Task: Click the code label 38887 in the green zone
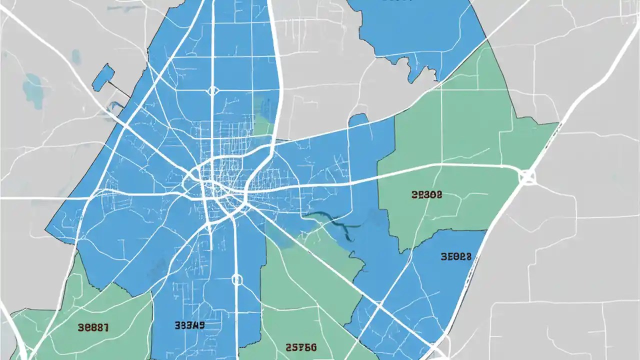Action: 94,327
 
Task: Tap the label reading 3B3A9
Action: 189,325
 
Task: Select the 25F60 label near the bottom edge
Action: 300,346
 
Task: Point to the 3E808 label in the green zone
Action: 426,195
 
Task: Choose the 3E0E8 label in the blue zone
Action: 456,257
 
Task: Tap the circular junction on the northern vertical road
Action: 213,90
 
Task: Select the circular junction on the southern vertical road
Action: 237,279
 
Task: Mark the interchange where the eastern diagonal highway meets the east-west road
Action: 527,176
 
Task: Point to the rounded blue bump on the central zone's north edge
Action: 358,120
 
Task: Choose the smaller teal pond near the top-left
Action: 76,56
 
